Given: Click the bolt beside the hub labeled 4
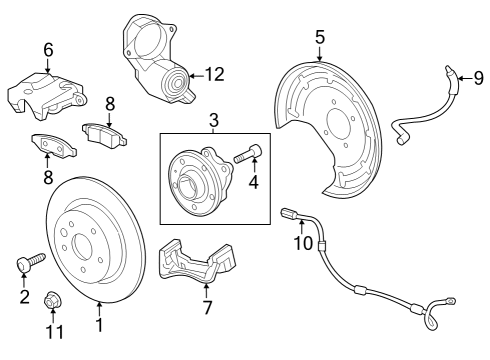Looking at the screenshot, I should [247, 155].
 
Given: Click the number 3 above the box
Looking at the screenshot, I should [214, 122].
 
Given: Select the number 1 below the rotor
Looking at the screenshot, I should [98, 325].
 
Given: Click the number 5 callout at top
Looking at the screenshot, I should [320, 37].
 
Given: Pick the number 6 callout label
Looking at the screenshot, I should [47, 50].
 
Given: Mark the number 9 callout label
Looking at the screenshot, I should [478, 78].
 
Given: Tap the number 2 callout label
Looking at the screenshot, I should [25, 297].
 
